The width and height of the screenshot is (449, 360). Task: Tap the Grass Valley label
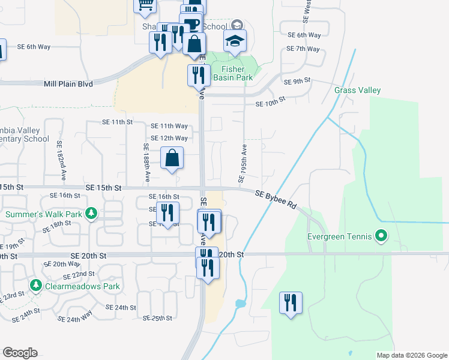358,91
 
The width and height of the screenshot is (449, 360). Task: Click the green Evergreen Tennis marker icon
381,236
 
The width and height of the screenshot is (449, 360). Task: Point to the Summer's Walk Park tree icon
91,214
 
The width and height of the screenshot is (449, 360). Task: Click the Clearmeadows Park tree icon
36,286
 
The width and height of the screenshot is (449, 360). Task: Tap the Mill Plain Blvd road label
68,84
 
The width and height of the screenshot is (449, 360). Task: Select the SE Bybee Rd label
276,200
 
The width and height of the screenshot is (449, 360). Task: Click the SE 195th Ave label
243,163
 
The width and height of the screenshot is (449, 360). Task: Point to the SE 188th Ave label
146,163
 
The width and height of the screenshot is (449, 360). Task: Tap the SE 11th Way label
169,126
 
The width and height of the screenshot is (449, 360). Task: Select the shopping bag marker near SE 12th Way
172,159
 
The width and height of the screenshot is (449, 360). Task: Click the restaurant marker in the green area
291,302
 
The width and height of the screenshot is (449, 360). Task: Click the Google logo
20,353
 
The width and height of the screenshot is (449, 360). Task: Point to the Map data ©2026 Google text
411,355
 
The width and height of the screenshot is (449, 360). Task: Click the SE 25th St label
157,317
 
